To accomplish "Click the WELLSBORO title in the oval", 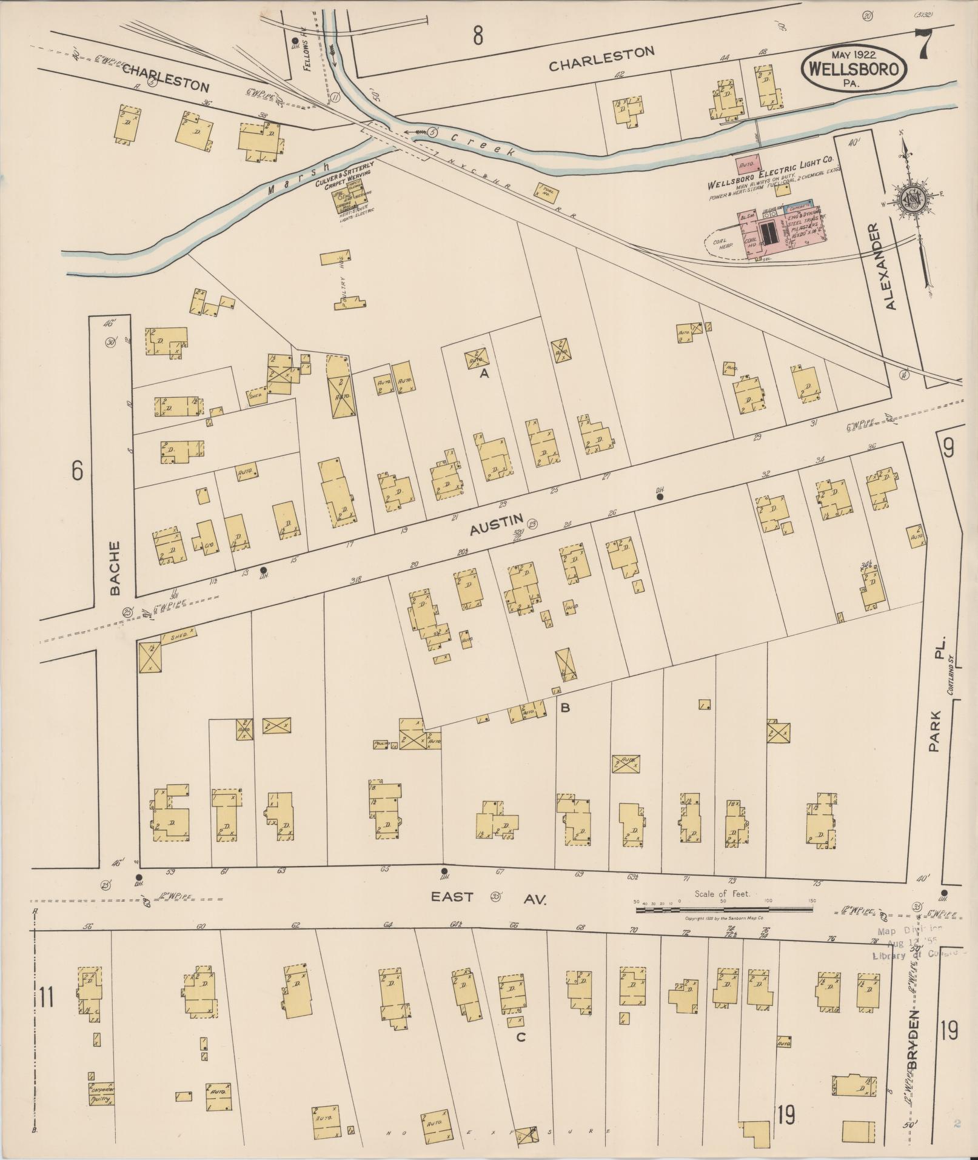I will pyautogui.click(x=854, y=69).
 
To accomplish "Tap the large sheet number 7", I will pyautogui.click(x=924, y=45).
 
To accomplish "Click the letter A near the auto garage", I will pyautogui.click(x=484, y=374).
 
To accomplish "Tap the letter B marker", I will pyautogui.click(x=564, y=706).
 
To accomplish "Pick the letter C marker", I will pyautogui.click(x=520, y=1037).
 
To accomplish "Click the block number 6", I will pyautogui.click(x=76, y=471).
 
